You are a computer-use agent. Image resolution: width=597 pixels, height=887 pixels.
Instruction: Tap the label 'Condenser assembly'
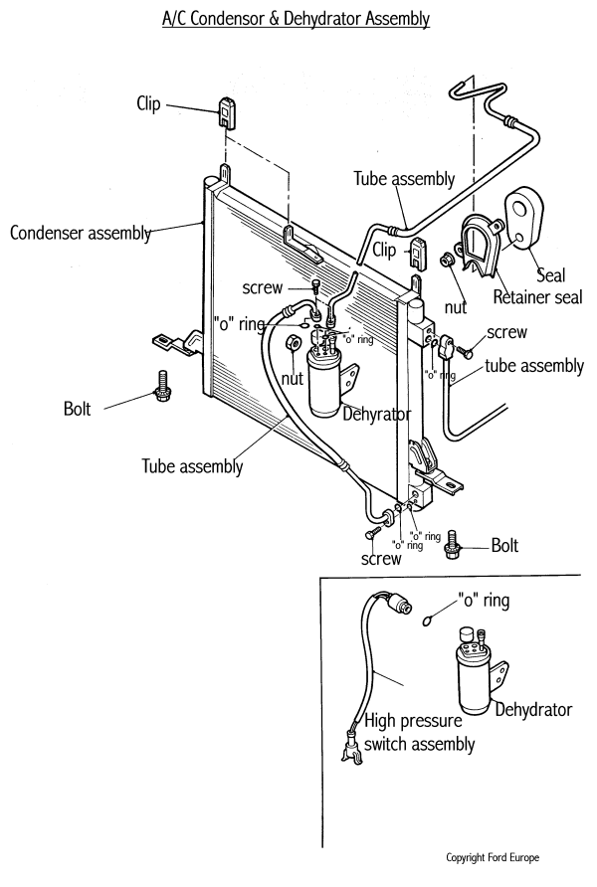click(x=82, y=234)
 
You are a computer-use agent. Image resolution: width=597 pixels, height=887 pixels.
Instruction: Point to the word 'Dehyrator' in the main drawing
click(x=376, y=415)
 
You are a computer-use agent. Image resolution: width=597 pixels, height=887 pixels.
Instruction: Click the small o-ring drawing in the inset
click(x=426, y=621)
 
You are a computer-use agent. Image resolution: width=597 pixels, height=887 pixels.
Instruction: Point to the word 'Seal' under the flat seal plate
click(x=552, y=275)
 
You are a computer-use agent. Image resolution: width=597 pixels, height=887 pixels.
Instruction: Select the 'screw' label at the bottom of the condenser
click(x=381, y=559)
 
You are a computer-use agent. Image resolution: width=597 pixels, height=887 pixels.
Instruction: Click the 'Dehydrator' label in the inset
click(x=535, y=710)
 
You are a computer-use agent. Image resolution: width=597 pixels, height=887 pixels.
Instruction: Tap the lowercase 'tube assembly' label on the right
click(x=534, y=366)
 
